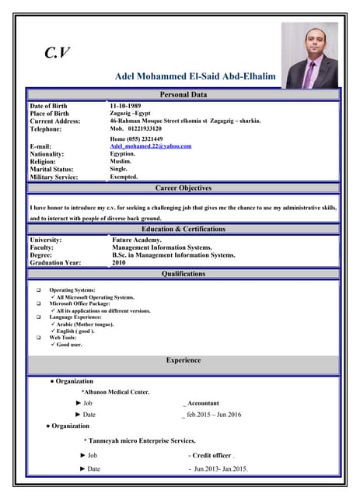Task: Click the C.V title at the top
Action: point(57,52)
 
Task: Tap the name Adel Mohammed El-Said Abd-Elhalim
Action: point(195,77)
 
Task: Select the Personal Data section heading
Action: point(183,95)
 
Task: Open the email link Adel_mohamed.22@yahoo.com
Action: point(151,146)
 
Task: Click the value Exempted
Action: point(124,177)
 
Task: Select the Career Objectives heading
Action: point(183,188)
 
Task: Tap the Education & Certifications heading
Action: point(183,230)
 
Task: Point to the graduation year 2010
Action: point(119,263)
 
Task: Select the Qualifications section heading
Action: point(183,274)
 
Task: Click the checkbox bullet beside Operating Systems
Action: point(38,290)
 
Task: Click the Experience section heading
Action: point(183,360)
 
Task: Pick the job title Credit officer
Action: point(212,454)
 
